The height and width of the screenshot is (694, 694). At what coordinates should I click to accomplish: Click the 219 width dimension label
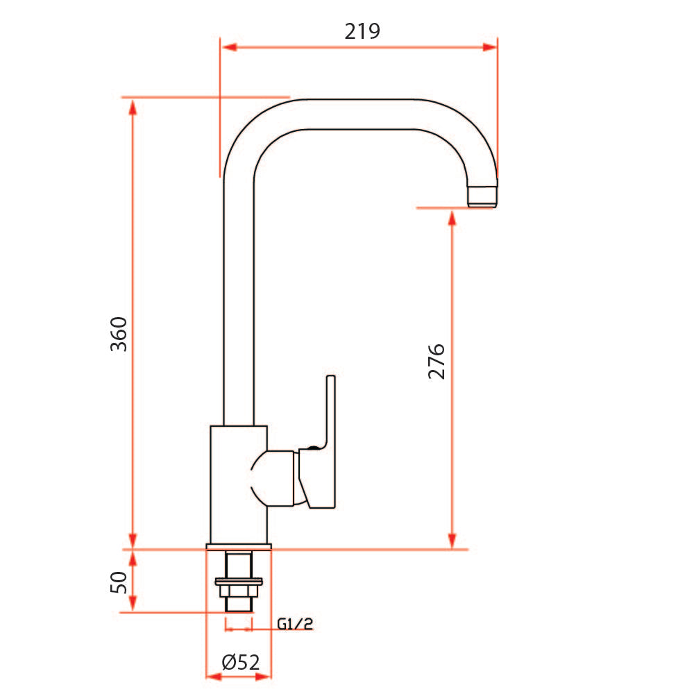click(362, 31)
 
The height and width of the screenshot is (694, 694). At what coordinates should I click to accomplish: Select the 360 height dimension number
click(119, 334)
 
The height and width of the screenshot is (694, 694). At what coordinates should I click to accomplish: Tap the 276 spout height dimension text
click(437, 361)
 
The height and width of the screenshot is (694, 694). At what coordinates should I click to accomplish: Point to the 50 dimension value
click(119, 582)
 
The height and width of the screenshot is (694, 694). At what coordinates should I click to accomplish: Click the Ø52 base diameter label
click(241, 663)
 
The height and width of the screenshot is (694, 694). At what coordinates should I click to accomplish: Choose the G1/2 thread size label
click(294, 625)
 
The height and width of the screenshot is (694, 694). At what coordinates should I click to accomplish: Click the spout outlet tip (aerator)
click(484, 195)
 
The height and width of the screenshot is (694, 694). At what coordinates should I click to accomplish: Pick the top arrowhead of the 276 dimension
click(452, 218)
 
